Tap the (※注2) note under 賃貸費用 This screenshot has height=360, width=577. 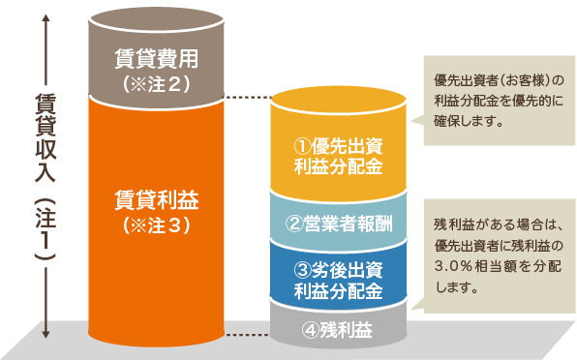pyautogui.click(x=156, y=83)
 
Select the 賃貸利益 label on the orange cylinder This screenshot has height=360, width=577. pyautogui.click(x=156, y=200)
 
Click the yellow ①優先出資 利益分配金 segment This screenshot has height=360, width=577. pyautogui.click(x=337, y=154)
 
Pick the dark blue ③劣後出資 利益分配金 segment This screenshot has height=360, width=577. pyautogui.click(x=337, y=279)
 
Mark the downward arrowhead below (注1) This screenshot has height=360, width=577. pyautogui.click(x=45, y=334)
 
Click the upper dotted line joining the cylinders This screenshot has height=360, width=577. pyautogui.click(x=248, y=98)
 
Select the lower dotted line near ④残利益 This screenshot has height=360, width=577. pyautogui.click(x=248, y=335)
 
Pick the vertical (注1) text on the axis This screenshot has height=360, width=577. pyautogui.click(x=45, y=227)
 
